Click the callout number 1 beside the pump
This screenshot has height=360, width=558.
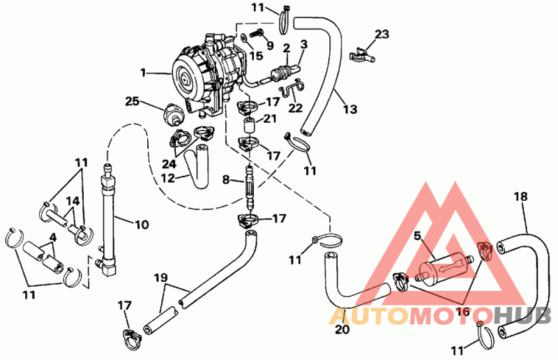[143, 72]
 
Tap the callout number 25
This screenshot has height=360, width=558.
[133, 101]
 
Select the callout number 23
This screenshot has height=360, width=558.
[381, 33]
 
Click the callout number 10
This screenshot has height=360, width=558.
[142, 225]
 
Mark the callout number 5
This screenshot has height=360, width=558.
[417, 236]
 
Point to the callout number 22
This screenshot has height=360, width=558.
[295, 108]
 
